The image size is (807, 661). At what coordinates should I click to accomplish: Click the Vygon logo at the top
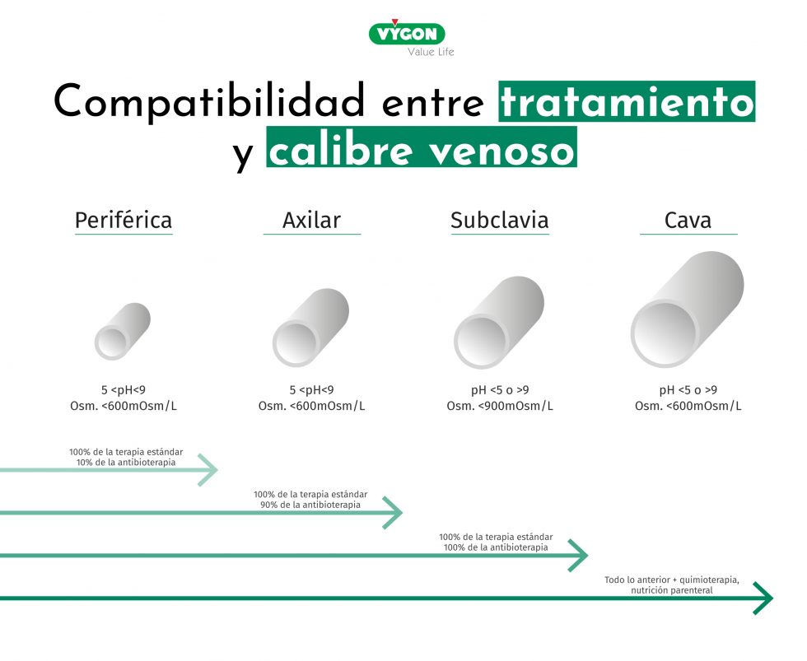407,34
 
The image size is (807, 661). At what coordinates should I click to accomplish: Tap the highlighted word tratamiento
627,103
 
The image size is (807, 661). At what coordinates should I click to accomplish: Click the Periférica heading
124,221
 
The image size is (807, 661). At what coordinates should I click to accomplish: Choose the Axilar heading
311,221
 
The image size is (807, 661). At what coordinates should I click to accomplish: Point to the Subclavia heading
499,221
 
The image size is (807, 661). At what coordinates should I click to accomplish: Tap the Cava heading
688,221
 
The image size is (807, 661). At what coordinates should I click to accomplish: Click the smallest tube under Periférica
123,331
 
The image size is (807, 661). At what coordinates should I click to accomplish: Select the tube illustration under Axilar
310,327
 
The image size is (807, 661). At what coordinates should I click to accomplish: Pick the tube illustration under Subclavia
499,323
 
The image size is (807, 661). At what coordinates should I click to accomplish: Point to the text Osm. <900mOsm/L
500,406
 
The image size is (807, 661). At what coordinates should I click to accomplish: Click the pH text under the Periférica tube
124,390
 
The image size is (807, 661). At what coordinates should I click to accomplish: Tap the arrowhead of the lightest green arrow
209,470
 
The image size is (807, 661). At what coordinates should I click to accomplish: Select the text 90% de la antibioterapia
310,505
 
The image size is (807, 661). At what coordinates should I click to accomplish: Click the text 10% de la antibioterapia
125,462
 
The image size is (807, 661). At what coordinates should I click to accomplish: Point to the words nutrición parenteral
672,590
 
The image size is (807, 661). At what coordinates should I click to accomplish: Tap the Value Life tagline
431,52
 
